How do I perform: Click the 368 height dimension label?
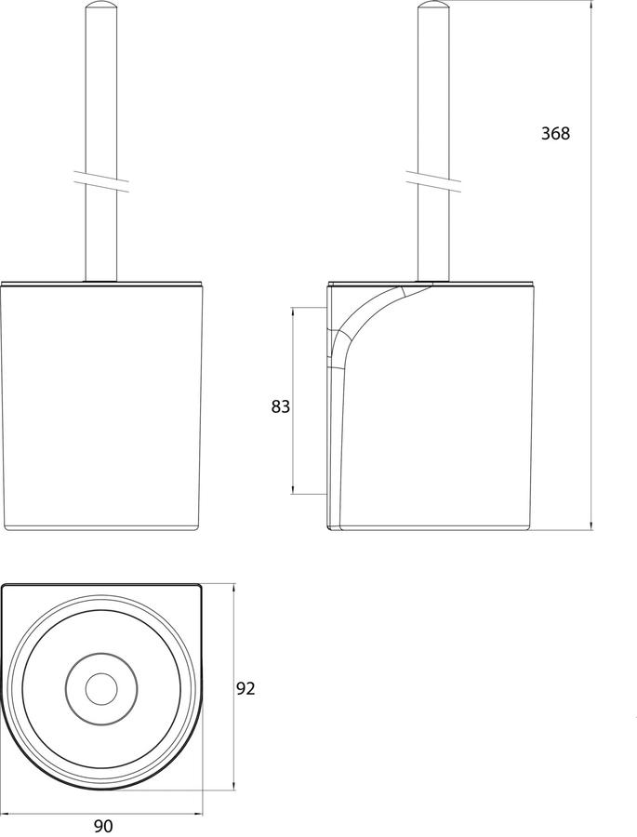556,133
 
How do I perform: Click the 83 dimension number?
280,406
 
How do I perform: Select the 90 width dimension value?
103,826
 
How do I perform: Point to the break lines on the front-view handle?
100,181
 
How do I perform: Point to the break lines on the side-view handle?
433,181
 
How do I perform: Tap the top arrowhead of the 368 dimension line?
591,6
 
